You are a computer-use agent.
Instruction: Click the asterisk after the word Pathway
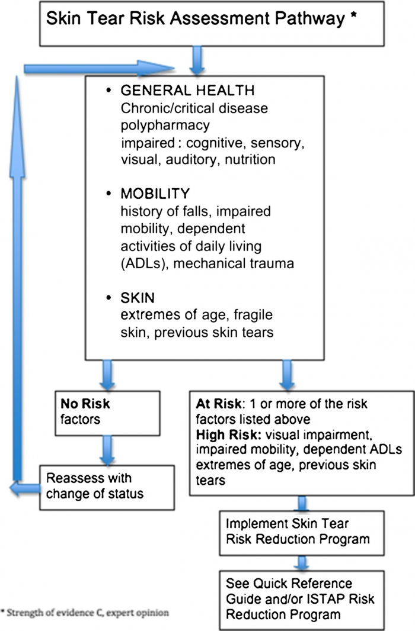(x=353, y=17)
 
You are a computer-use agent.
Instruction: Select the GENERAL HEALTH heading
(x=188, y=91)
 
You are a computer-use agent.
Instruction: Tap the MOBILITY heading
(x=155, y=194)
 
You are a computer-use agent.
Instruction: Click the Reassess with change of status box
(x=107, y=486)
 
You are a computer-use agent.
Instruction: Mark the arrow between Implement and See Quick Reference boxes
(x=302, y=561)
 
